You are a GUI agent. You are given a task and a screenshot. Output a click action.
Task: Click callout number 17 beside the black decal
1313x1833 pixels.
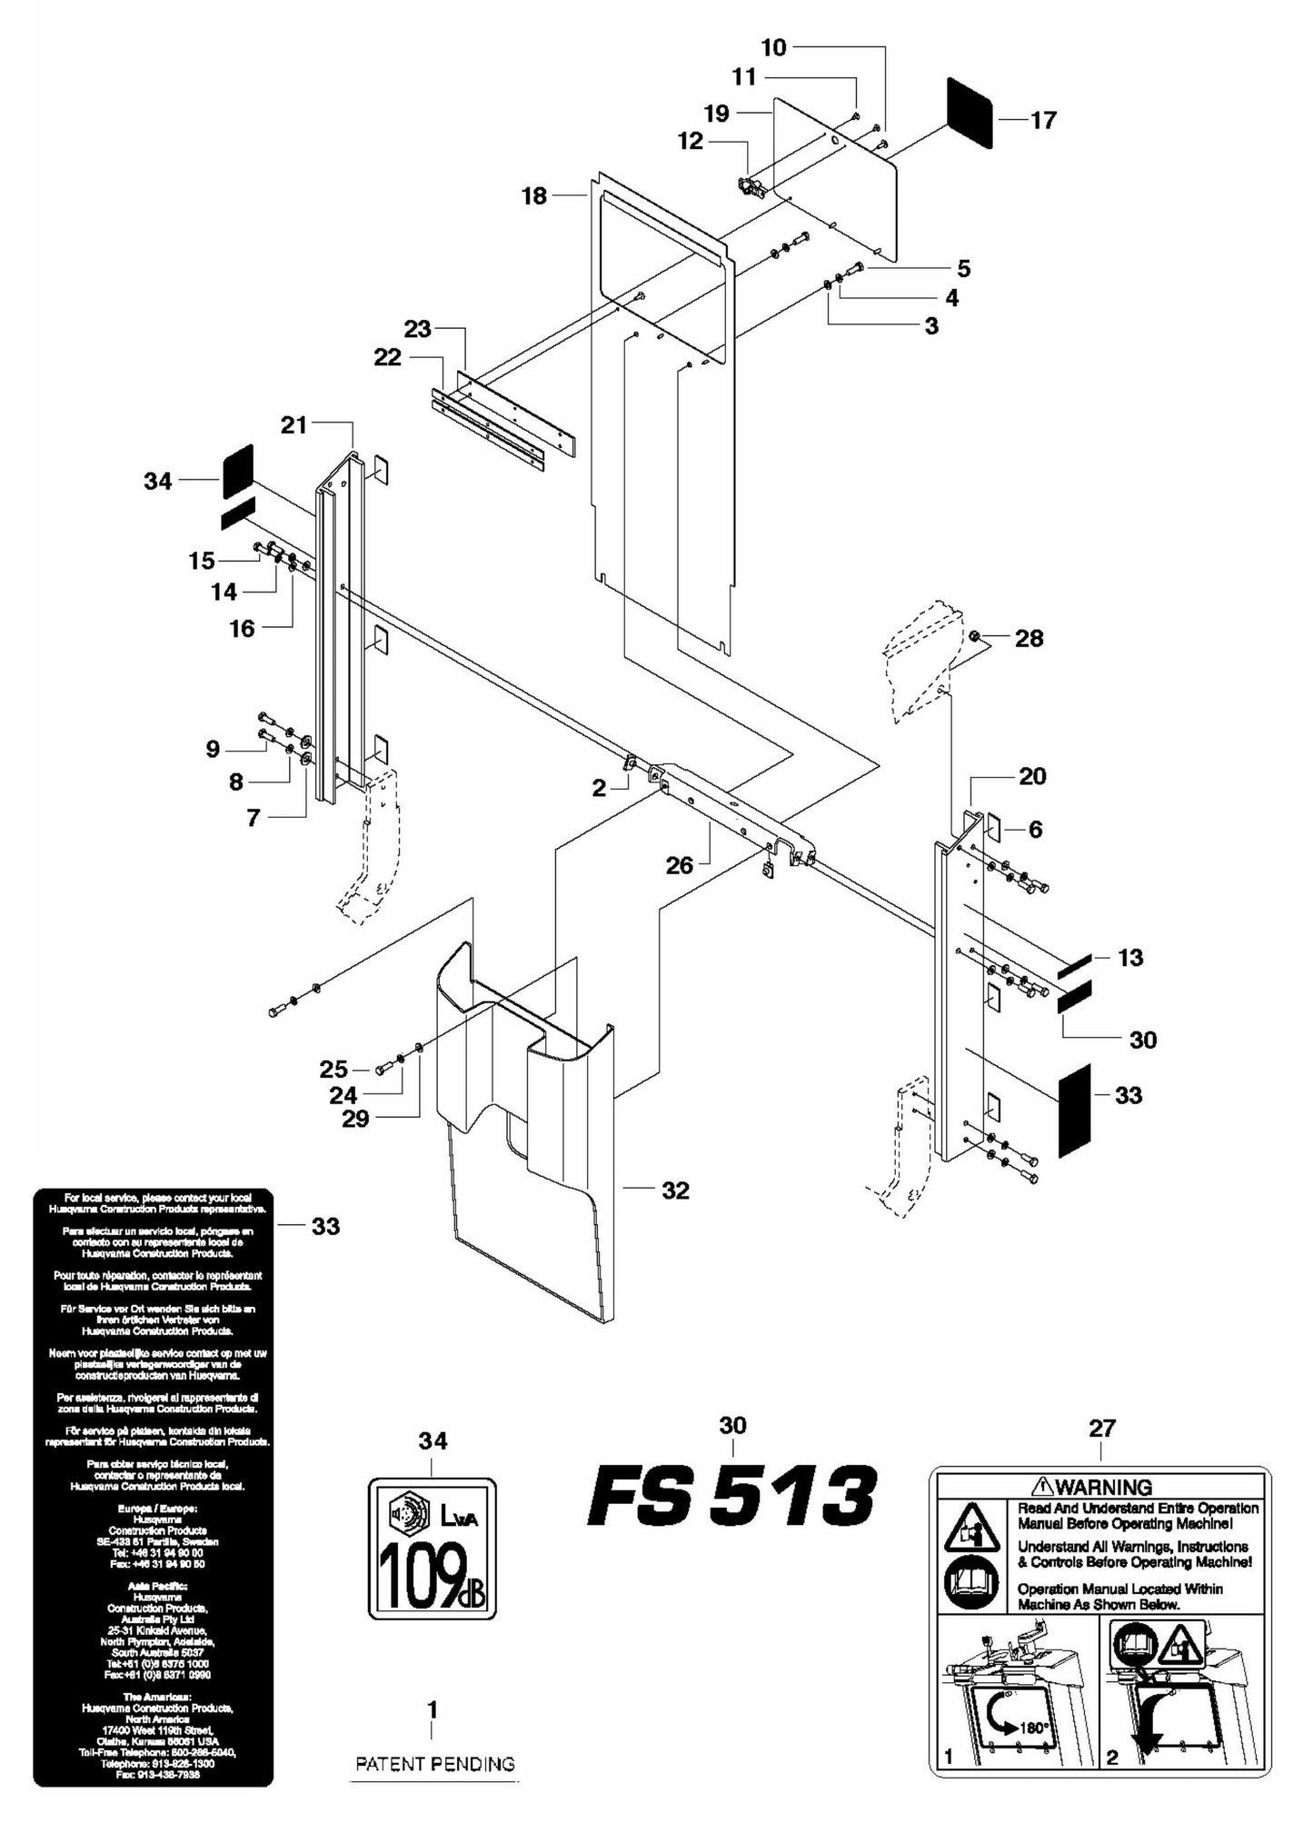point(1043,120)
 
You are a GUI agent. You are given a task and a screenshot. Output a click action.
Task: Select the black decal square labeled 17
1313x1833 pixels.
point(970,113)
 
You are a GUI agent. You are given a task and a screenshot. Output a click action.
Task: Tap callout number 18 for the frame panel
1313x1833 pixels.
point(534,195)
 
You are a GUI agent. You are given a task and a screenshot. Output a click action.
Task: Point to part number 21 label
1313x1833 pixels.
point(293,424)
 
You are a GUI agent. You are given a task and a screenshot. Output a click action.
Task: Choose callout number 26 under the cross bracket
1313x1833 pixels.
point(679,865)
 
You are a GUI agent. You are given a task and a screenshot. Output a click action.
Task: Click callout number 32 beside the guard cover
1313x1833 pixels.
point(675,1190)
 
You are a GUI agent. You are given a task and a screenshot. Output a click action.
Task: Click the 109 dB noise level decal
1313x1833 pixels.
point(433,1548)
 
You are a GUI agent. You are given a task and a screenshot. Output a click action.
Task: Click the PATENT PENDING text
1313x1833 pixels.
point(434,1763)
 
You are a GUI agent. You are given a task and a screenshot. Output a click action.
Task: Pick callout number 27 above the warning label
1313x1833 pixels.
point(1101,1428)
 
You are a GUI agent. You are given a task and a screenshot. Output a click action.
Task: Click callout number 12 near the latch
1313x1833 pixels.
point(691,141)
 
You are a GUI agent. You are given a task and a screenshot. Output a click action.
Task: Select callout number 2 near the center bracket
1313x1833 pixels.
point(599,788)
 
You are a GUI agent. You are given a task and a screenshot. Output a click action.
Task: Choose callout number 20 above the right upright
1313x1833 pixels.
point(1032,776)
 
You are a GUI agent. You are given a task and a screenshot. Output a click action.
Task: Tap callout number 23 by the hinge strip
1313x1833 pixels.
point(417,329)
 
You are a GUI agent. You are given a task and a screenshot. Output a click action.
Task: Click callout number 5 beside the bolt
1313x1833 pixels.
point(963,268)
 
